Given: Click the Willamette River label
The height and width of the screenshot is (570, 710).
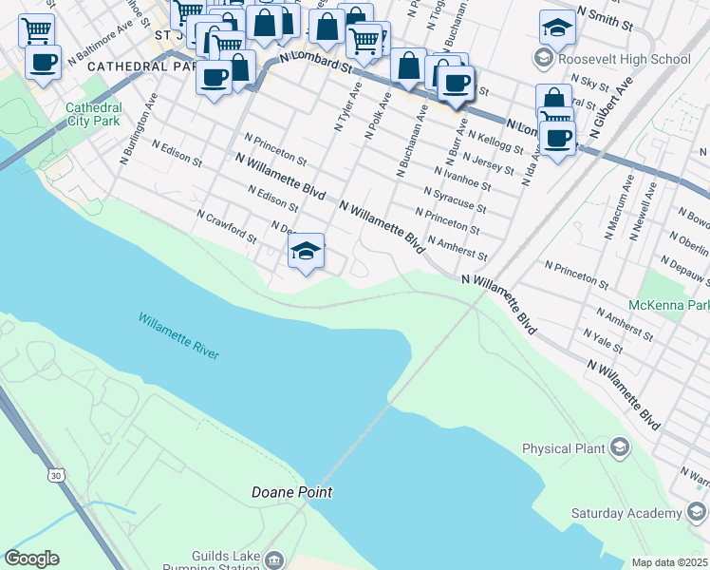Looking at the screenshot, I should click(178, 336).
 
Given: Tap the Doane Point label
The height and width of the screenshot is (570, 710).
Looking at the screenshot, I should click(291, 492).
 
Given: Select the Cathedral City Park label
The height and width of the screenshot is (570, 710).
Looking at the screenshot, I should click(92, 114).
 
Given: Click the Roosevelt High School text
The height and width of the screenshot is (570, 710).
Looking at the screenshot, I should click(625, 59).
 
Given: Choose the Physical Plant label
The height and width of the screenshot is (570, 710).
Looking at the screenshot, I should click(560, 448).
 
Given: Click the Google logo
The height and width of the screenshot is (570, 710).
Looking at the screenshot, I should click(31, 559).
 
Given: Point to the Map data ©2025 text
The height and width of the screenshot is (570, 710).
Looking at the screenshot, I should click(668, 562).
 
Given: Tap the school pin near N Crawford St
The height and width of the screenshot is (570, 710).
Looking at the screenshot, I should click(306, 252).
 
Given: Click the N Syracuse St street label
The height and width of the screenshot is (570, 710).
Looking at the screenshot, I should click(455, 199).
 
